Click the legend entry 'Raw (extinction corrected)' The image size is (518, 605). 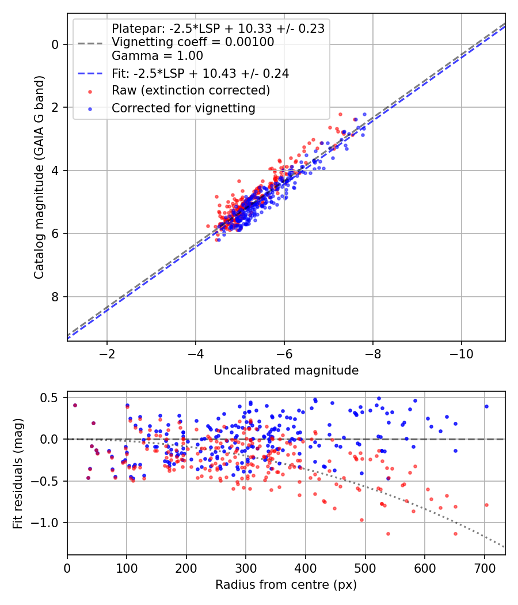click(x=191, y=90)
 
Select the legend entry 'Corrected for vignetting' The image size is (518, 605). click(x=183, y=108)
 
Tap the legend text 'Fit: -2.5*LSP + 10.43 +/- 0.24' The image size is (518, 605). click(x=200, y=73)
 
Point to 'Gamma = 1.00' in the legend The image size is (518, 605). click(x=157, y=56)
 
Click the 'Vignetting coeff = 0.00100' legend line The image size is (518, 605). click(x=193, y=42)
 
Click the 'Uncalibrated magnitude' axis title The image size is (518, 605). click(x=286, y=370)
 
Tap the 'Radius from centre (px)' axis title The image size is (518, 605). click(x=286, y=585)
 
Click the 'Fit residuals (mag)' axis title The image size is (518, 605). click(x=18, y=473)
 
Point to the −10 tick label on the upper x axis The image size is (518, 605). click(x=461, y=353)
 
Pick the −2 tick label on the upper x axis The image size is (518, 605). click(x=107, y=353)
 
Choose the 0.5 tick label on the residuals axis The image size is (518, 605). click(x=49, y=398)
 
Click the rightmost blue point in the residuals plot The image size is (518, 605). click(x=486, y=406)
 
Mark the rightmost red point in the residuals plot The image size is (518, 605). click(x=486, y=505)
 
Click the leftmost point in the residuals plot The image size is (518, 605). click(x=75, y=405)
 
